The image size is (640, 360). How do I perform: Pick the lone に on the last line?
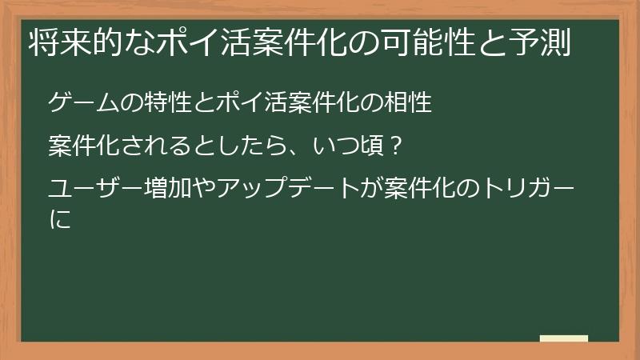coord(59,219)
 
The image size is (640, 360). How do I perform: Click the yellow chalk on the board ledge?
coord(563,338)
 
